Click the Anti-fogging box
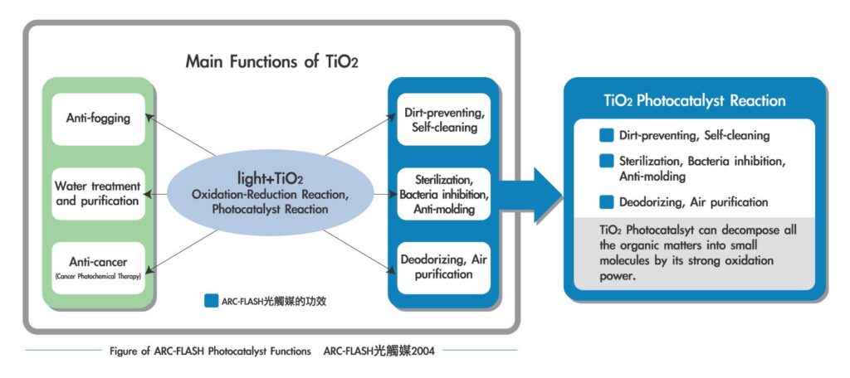point(98,119)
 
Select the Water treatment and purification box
point(98,193)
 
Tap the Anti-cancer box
point(98,268)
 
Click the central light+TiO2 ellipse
point(270,193)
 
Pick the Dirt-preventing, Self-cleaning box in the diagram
point(443,119)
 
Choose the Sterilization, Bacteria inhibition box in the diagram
point(443,193)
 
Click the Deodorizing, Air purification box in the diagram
point(443,268)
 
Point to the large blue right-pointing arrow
point(529,195)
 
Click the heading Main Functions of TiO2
point(271,61)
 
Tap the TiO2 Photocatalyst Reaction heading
point(695,101)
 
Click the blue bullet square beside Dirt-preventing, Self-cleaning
point(606,135)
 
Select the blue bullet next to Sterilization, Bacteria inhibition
point(606,162)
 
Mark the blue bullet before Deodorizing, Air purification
point(606,202)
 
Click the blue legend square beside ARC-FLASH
point(212,301)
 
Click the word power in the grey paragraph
point(617,276)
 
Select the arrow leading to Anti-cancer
point(182,250)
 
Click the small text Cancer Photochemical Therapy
point(98,277)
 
